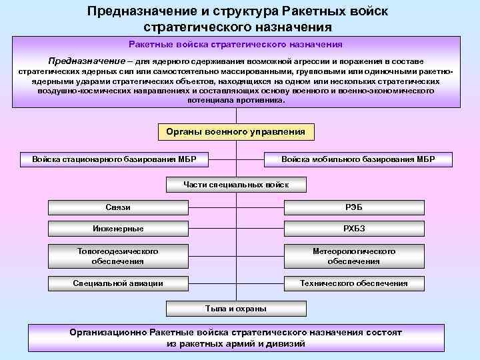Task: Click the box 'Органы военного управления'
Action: (235, 132)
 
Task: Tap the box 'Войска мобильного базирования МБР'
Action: (358, 160)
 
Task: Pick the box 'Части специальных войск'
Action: (235, 184)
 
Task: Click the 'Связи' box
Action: (118, 207)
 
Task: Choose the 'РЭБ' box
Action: (354, 207)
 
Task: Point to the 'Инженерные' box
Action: (118, 229)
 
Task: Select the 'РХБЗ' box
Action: (354, 229)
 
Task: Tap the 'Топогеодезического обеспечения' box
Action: (118, 256)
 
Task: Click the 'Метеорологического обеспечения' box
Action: (354, 256)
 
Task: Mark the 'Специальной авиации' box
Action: (118, 283)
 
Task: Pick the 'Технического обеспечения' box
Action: (354, 283)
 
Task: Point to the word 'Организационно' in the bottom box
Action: (108, 332)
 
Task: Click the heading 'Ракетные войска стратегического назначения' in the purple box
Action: (235, 44)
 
